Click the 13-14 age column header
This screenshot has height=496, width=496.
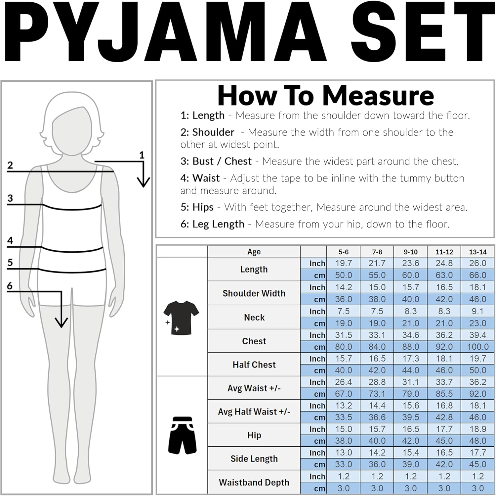[477, 252]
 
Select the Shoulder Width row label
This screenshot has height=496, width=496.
[254, 293]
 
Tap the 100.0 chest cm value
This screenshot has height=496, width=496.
[477, 347]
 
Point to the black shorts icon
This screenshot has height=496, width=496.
[182, 435]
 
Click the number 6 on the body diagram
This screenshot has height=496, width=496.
[10, 286]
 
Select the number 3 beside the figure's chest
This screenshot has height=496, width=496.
[10, 198]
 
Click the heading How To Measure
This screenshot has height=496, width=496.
[325, 96]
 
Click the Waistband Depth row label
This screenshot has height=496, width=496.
[254, 482]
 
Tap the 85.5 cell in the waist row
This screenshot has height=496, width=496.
[444, 394]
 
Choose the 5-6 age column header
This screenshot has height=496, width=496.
[343, 252]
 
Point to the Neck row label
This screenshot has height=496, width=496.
[254, 317]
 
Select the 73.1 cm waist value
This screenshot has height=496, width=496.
[377, 394]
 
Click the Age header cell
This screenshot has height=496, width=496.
[254, 252]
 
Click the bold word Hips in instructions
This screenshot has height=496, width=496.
[203, 207]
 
